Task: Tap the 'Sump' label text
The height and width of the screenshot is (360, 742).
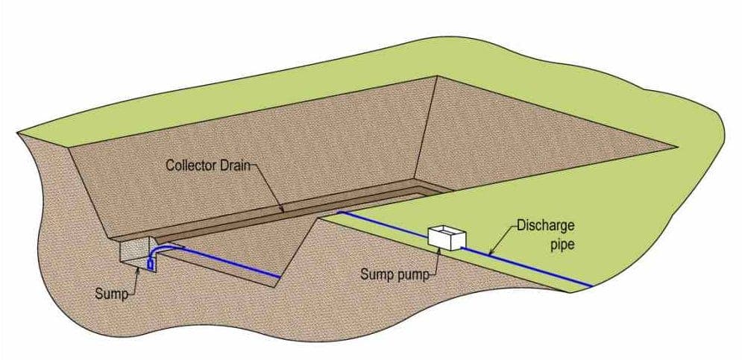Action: click(111, 293)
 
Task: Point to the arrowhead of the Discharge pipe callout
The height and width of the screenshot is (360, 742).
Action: click(489, 254)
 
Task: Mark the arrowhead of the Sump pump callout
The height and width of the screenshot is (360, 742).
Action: click(438, 249)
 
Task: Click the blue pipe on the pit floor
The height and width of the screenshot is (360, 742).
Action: click(224, 262)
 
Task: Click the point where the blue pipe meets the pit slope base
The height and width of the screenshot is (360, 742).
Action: click(279, 278)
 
